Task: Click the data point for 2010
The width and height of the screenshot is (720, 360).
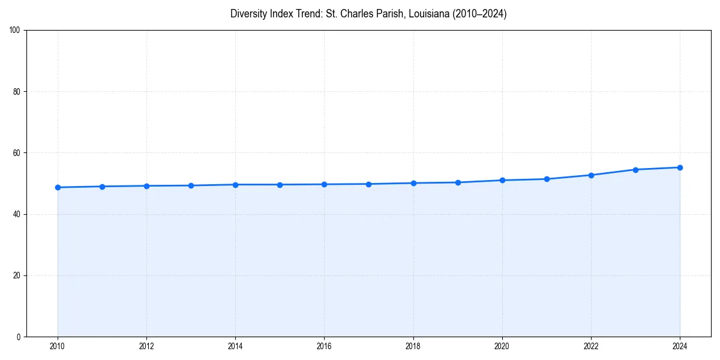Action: [58, 187]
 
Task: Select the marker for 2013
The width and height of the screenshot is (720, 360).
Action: [191, 185]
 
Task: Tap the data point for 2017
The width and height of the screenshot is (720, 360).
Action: [368, 184]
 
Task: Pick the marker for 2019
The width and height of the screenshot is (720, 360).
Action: [458, 182]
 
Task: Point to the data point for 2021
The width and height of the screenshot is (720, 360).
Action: [547, 179]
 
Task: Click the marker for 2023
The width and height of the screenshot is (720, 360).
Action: [635, 170]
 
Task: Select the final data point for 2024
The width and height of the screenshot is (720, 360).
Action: [680, 167]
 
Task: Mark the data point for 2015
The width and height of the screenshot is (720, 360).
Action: [280, 184]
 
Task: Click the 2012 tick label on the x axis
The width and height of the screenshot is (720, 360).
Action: [146, 346]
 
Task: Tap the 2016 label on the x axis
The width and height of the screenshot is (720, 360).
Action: [324, 346]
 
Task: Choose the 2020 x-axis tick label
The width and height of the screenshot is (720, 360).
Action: [502, 346]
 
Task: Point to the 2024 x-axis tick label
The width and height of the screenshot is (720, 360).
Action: [680, 346]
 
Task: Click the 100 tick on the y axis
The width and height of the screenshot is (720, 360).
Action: [15, 30]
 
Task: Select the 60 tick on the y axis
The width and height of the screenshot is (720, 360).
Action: [17, 153]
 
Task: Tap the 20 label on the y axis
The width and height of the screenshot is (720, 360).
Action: [17, 275]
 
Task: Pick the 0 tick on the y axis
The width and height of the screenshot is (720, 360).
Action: [19, 337]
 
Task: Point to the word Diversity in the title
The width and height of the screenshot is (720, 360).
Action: [249, 14]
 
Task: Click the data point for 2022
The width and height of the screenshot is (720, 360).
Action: [591, 175]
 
